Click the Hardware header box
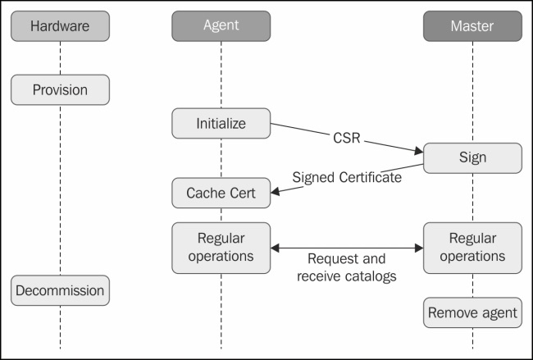(60, 26)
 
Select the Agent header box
(221, 26)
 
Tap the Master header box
(472, 26)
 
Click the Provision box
(60, 89)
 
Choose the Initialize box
(221, 124)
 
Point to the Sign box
(472, 157)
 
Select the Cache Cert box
(221, 194)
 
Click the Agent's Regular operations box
(221, 247)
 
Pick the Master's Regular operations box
(472, 247)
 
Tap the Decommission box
(60, 290)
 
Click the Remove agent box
(472, 312)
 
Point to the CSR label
(347, 137)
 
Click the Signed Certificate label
(347, 176)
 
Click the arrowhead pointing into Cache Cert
(276, 192)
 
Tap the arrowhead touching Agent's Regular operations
(276, 247)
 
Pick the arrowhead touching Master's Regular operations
(417, 247)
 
